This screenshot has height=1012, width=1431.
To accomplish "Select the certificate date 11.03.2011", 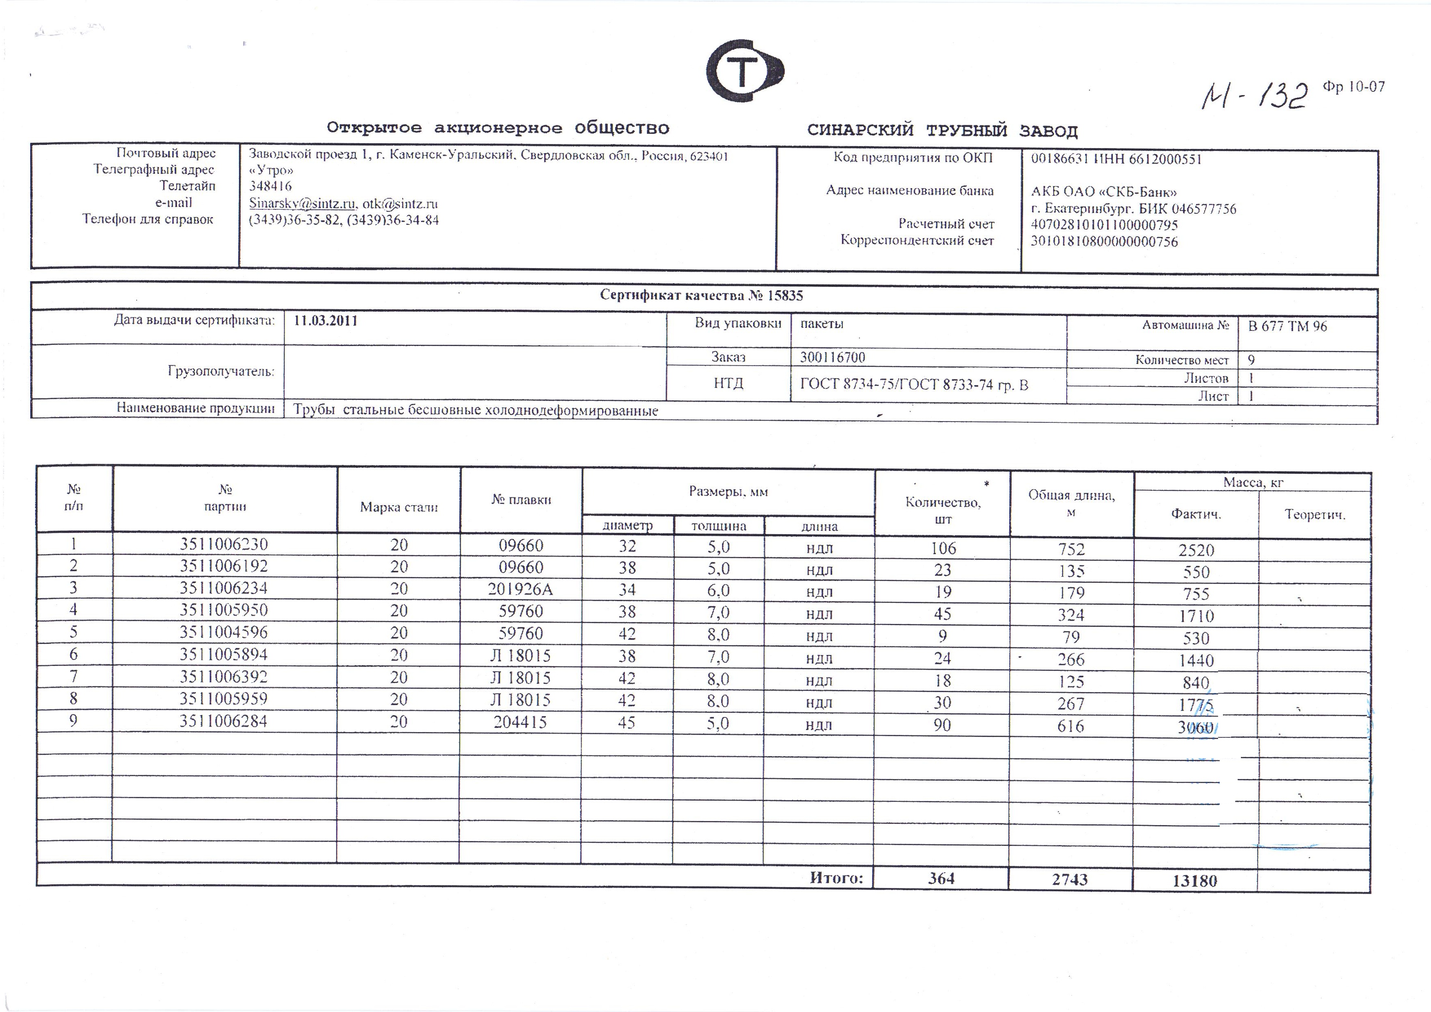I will (326, 321).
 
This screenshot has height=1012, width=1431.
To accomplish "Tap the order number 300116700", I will (832, 357).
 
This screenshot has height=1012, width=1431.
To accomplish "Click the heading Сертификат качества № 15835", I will (701, 295).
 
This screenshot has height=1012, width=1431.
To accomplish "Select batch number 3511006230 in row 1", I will (224, 544).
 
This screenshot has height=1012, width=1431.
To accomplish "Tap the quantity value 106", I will (943, 548).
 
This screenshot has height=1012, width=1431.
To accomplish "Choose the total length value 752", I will (1071, 549).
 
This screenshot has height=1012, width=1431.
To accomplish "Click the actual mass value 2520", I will (1196, 550).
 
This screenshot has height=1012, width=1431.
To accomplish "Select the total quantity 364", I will (941, 879).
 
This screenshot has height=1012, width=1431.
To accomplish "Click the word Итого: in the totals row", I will (836, 878).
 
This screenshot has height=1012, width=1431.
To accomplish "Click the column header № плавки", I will (521, 499).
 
